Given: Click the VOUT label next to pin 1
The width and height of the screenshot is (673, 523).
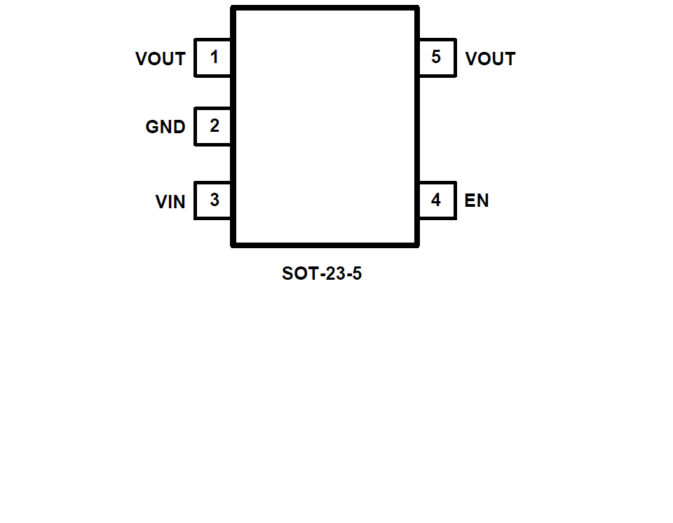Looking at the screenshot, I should (x=161, y=59).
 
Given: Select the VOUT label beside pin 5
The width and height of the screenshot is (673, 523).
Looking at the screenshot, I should (x=490, y=59).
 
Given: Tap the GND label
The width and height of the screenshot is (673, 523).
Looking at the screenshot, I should (x=165, y=127).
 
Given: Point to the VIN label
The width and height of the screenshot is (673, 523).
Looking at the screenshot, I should (x=170, y=202).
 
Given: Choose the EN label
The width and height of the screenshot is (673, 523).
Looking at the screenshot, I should (x=477, y=201).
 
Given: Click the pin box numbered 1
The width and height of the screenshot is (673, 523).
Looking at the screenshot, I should (x=213, y=57).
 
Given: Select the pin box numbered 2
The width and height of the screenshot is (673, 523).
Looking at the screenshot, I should (x=213, y=126).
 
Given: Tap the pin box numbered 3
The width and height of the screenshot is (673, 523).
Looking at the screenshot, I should (x=213, y=201).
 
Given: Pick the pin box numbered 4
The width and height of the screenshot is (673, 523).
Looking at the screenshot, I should (x=437, y=201).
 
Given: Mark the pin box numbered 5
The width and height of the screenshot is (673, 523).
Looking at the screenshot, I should (x=437, y=57).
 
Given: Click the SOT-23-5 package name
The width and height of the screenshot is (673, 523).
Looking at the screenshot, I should (x=322, y=273).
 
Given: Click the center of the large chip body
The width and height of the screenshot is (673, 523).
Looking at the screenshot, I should (x=325, y=127).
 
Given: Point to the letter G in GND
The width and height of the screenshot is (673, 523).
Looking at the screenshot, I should (x=152, y=127).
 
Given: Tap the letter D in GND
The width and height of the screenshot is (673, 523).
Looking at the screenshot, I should (x=179, y=127).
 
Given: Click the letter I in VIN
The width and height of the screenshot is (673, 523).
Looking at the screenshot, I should (x=170, y=202).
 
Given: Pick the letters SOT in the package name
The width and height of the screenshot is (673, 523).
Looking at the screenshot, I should (x=297, y=273).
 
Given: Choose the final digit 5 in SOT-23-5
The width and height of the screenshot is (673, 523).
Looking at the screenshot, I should (x=357, y=273).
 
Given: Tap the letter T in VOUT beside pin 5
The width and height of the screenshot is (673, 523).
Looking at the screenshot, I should (x=510, y=59).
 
